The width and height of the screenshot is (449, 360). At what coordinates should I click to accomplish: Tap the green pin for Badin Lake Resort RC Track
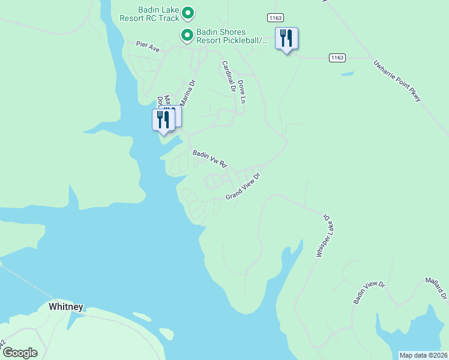187,13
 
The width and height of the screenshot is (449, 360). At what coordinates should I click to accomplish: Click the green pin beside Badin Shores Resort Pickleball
187,36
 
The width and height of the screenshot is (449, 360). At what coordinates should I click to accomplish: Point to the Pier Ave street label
148,47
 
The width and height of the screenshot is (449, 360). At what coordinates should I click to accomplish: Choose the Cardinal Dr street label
228,76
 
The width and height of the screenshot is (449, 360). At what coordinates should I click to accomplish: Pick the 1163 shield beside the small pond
337,58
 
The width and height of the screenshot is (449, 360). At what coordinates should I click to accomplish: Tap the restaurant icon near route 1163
286,39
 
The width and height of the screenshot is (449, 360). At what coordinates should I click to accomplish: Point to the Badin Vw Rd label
209,159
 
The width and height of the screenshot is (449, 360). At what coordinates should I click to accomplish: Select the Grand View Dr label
243,187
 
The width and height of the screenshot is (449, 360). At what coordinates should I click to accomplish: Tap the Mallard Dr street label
436,288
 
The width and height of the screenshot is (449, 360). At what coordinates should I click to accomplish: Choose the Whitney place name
65,307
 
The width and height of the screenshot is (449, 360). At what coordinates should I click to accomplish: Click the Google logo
19,353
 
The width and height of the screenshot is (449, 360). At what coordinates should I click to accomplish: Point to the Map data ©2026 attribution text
423,355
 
